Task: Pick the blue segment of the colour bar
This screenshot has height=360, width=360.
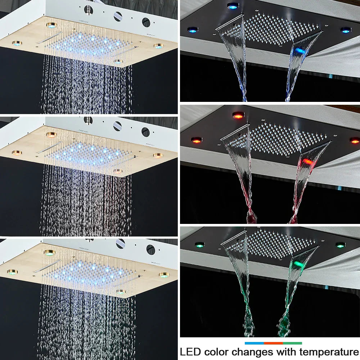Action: [x=254, y=343]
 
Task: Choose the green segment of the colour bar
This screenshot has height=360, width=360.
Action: [x=292, y=343]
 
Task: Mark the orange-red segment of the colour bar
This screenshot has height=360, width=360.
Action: [x=273, y=343]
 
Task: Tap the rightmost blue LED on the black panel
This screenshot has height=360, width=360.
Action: [x=346, y=30]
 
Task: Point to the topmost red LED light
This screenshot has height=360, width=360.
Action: [x=238, y=115]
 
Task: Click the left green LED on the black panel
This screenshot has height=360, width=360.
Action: [x=199, y=245]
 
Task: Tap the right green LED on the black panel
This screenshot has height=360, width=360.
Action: [x=340, y=245]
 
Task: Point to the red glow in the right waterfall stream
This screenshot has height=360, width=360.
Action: [x=307, y=162]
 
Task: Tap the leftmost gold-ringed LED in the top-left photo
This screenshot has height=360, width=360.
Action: [x=17, y=43]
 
